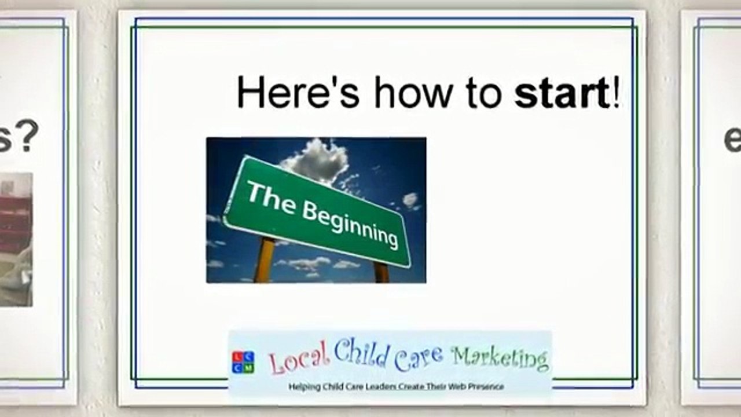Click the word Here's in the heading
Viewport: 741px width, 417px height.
tap(298, 93)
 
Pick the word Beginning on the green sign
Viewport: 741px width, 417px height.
tap(350, 224)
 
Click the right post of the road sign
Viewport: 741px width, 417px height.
tap(381, 272)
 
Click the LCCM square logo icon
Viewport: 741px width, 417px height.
tap(243, 362)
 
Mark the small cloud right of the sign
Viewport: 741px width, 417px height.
tap(410, 200)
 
